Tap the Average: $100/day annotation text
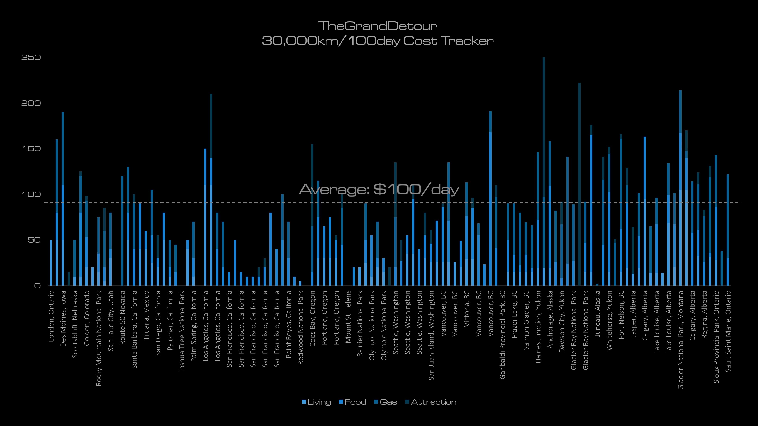379,190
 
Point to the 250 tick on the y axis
31,57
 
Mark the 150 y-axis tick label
31,149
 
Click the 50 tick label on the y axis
34,240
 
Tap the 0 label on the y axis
37,286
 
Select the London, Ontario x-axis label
51,316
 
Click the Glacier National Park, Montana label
681,340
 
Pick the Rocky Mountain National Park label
99,338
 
